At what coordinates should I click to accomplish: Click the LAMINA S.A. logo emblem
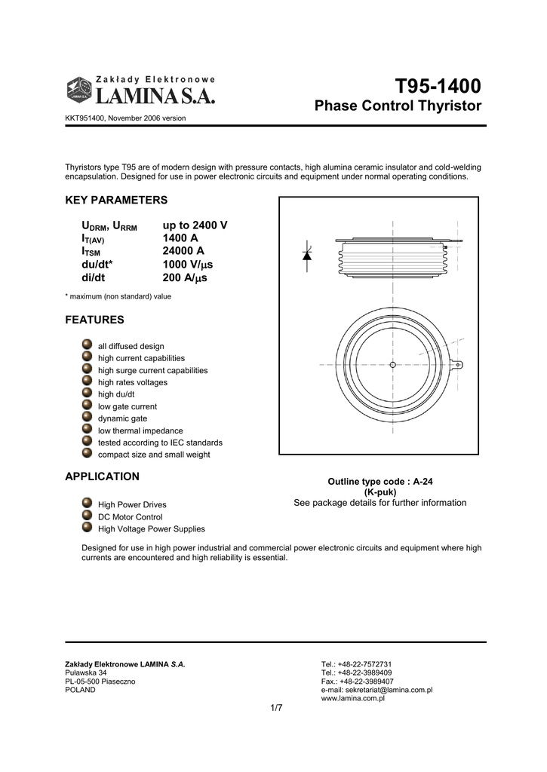pyautogui.click(x=79, y=90)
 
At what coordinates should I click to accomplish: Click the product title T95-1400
pyautogui.click(x=438, y=85)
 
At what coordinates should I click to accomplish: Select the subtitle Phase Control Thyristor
pyautogui.click(x=398, y=106)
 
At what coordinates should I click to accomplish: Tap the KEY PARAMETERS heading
pyautogui.click(x=116, y=201)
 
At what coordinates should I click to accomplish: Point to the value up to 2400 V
pyautogui.click(x=195, y=225)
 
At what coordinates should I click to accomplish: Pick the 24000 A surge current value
pyautogui.click(x=183, y=251)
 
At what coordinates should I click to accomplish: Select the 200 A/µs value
pyautogui.click(x=185, y=277)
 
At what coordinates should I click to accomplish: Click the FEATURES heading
pyautogui.click(x=95, y=320)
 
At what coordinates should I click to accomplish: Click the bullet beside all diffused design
pyautogui.click(x=87, y=345)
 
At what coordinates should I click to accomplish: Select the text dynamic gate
pyautogui.click(x=123, y=418)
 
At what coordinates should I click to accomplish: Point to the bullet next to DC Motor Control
pyautogui.click(x=87, y=516)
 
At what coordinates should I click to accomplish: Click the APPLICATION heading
pyautogui.click(x=103, y=476)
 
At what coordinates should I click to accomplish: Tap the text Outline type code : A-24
pyautogui.click(x=380, y=481)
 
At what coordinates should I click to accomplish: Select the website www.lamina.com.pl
pyautogui.click(x=353, y=699)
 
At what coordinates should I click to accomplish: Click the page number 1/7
pyautogui.click(x=275, y=708)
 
